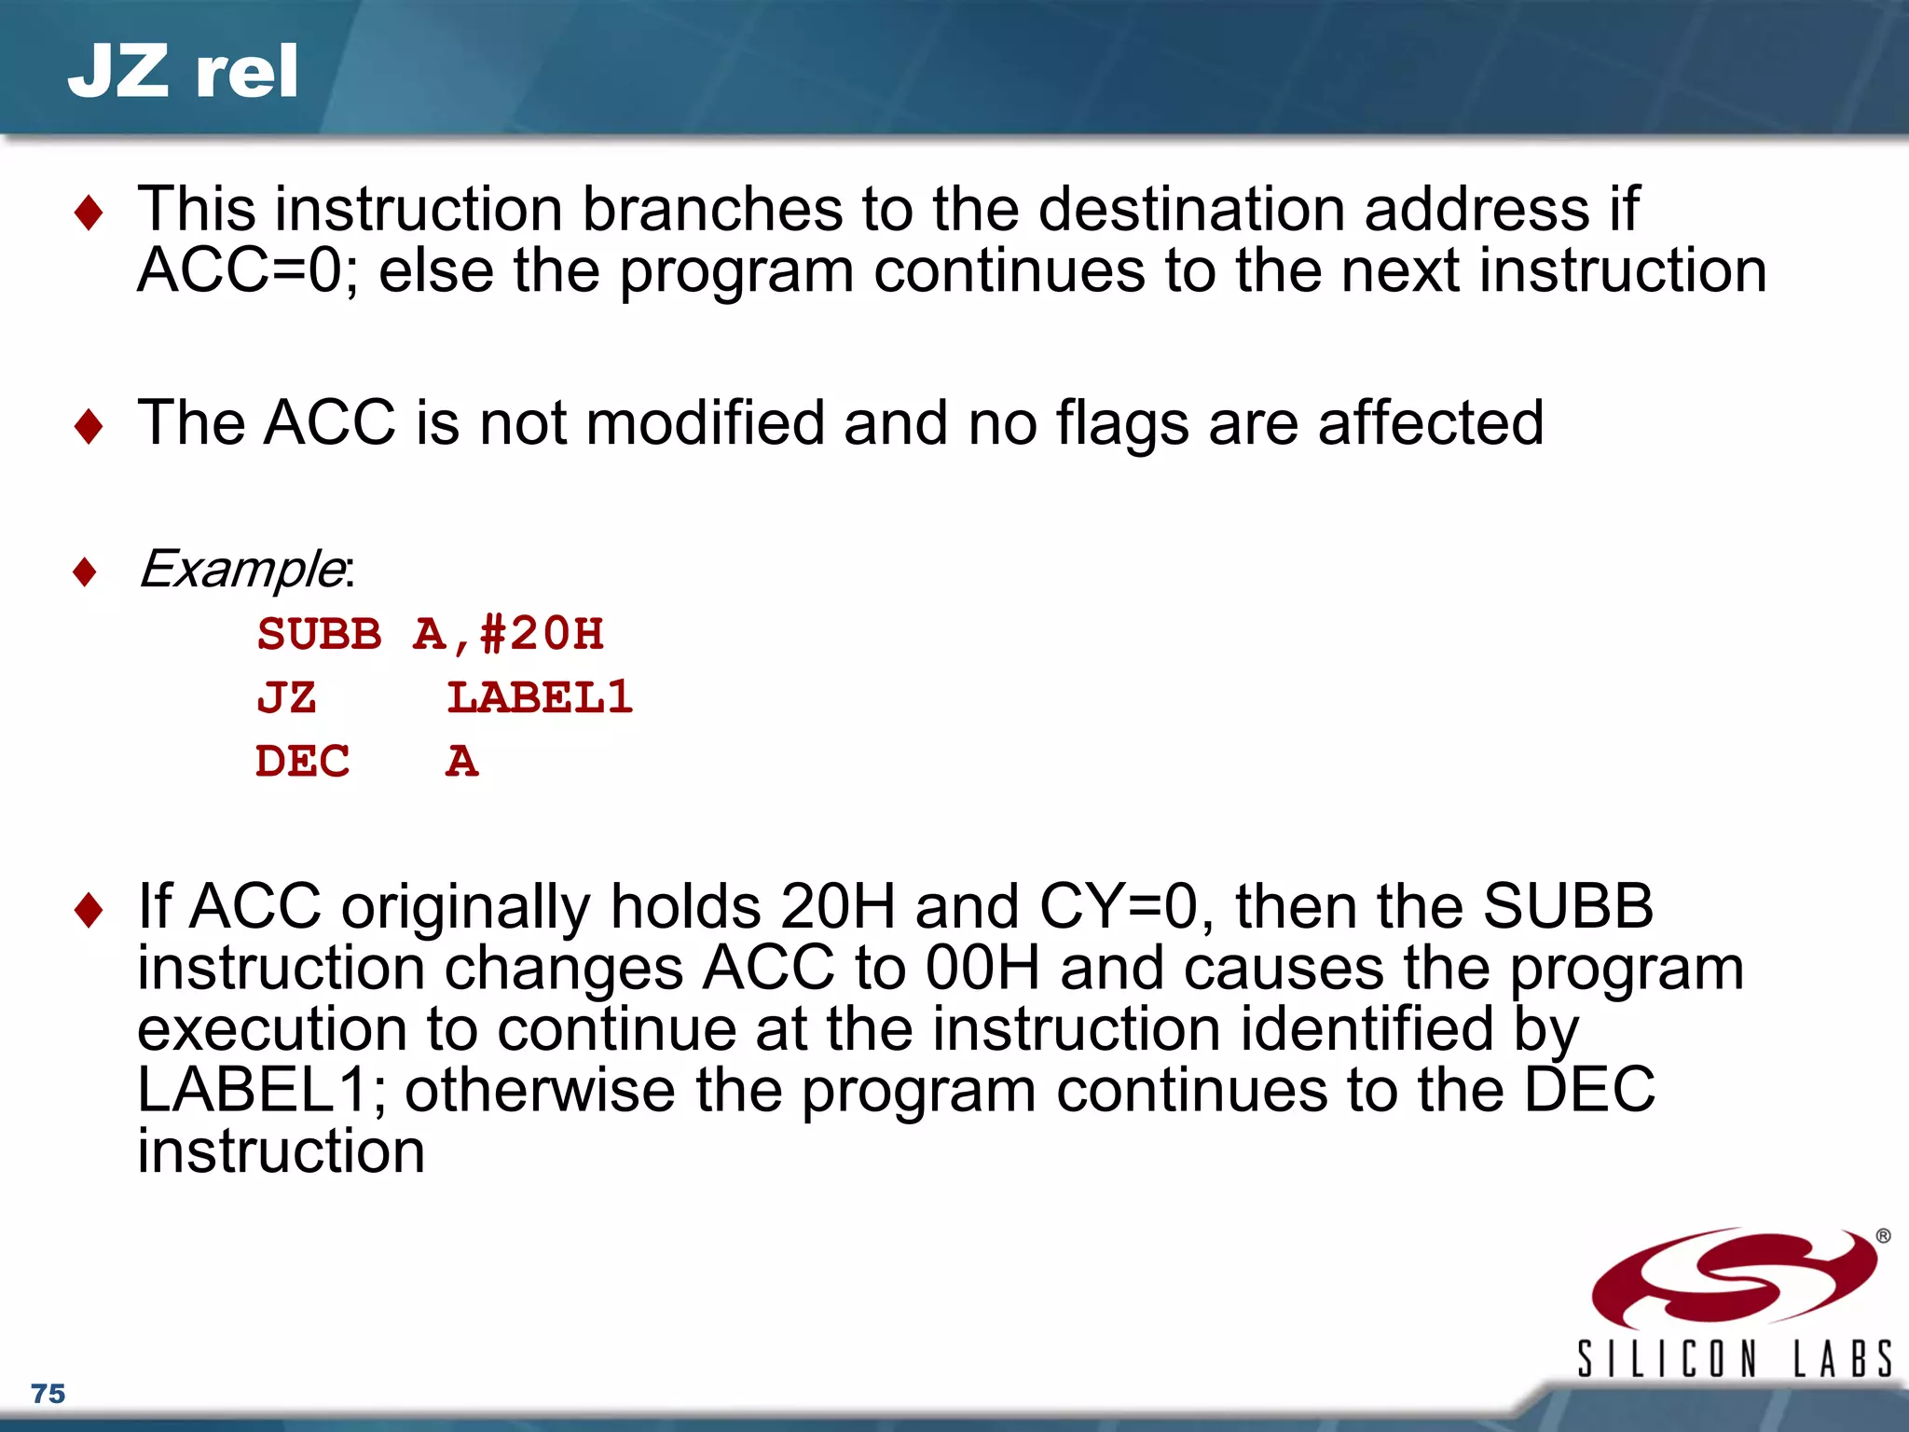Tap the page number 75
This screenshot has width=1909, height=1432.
(x=48, y=1394)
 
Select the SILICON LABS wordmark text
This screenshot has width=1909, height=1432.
(x=1734, y=1359)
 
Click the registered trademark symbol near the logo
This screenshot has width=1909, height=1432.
(x=1883, y=1236)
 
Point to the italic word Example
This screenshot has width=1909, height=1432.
(x=241, y=569)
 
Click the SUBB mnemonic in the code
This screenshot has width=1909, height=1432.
(x=319, y=635)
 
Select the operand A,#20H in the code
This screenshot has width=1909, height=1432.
(x=508, y=635)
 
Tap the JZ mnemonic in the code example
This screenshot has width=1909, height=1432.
(x=286, y=698)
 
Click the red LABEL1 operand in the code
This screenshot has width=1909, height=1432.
(x=540, y=698)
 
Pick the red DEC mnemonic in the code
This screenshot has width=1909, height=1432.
(x=302, y=762)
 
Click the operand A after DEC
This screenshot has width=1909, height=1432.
(x=461, y=762)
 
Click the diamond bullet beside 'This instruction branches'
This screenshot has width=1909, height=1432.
(x=89, y=213)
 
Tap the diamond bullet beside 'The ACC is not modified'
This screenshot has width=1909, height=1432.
(x=89, y=426)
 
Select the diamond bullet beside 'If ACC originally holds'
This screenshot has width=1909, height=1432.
(x=89, y=909)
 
